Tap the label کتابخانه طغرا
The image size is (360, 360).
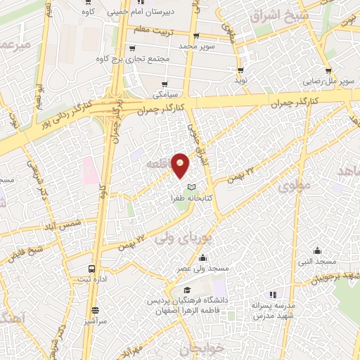[187, 199]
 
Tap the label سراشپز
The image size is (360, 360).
[96, 321]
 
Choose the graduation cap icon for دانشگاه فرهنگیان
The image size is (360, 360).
[186, 290]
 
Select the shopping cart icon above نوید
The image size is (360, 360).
[241, 71]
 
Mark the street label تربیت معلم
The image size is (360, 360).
[150, 29]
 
